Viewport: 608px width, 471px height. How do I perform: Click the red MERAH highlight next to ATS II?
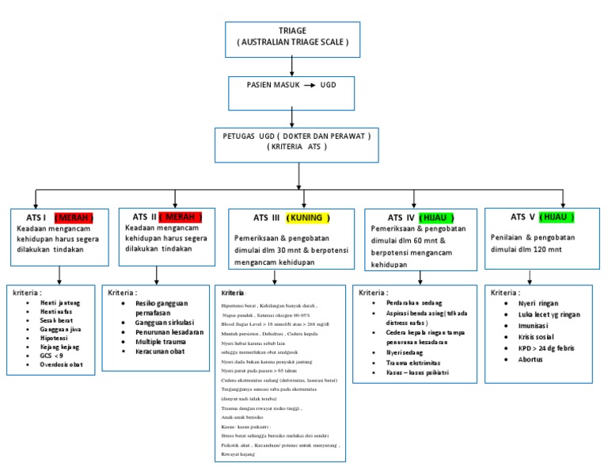click(x=180, y=216)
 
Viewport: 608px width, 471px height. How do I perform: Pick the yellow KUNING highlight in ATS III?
click(x=308, y=218)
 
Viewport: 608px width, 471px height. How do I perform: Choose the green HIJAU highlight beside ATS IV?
click(x=434, y=217)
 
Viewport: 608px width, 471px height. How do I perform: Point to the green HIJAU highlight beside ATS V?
click(x=557, y=216)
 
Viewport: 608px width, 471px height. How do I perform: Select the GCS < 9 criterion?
click(x=52, y=354)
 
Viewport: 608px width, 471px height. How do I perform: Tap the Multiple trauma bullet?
click(x=148, y=341)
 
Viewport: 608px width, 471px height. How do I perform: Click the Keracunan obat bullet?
click(x=148, y=351)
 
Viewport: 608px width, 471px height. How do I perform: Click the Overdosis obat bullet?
click(x=63, y=365)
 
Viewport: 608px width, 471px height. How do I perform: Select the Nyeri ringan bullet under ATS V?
click(x=538, y=303)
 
